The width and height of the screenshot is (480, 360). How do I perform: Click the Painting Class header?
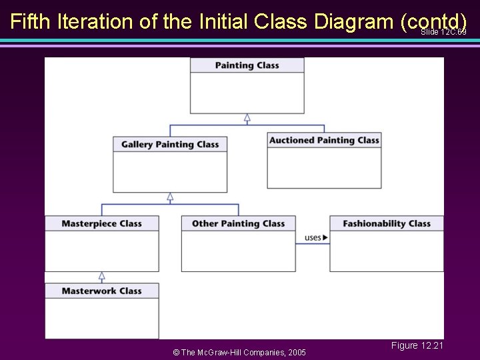coord(247,65)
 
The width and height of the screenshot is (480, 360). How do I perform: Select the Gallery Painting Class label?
coord(170,145)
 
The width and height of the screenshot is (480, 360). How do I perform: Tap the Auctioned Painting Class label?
coord(324,141)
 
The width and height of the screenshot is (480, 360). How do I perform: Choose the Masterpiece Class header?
coord(102,224)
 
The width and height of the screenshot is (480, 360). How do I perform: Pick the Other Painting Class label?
coord(238,224)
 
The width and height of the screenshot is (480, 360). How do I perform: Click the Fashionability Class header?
coord(386,224)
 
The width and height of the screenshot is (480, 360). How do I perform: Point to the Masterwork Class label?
coord(102,291)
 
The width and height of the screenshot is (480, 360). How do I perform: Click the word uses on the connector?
coord(313,237)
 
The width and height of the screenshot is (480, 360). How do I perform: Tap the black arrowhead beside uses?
coord(325,237)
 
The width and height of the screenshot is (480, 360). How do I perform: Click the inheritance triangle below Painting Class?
coord(247,118)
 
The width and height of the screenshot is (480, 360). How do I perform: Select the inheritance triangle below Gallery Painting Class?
coord(170,197)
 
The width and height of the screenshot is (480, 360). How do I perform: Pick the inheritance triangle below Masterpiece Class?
coord(102,276)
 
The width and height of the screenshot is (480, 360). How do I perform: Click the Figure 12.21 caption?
coord(417,345)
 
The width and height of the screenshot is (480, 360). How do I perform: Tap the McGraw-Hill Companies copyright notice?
coord(239,352)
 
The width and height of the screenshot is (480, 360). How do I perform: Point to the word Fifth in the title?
coord(31,22)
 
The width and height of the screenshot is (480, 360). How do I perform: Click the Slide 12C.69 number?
coord(443,32)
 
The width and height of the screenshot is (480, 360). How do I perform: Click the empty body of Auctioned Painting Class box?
coord(324,167)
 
